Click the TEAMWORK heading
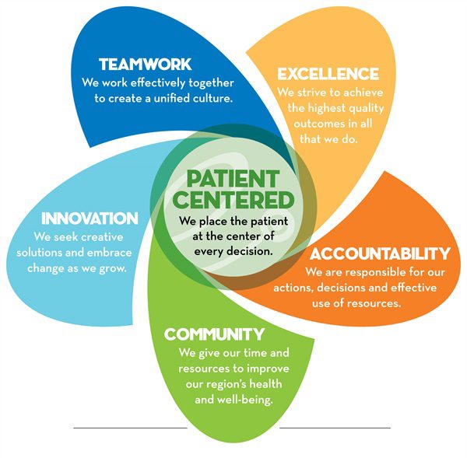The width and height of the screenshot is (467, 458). (145, 65)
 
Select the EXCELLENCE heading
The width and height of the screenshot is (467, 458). (328, 75)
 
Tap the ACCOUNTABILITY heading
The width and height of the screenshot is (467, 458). (381, 253)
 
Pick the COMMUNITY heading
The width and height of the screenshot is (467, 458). (214, 334)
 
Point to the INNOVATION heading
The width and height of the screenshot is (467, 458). (90, 219)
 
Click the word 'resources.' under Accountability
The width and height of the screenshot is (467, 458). (374, 302)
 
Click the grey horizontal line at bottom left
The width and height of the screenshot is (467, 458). (130, 428)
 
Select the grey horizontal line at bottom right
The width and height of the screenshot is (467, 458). (335, 428)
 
